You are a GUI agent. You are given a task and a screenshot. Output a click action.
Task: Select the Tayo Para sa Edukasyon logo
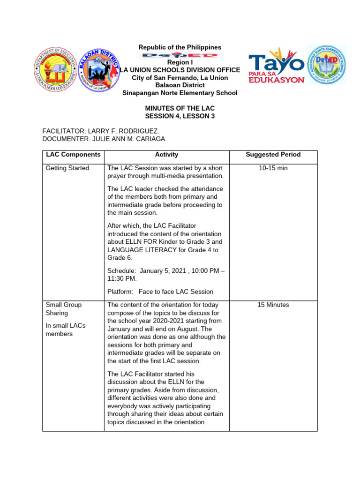pos(276,65)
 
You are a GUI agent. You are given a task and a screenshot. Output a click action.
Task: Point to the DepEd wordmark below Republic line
pos(180,55)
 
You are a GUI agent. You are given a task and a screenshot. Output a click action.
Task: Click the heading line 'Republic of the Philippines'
pos(180,47)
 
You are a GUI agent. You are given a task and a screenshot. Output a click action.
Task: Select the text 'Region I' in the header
pos(180,62)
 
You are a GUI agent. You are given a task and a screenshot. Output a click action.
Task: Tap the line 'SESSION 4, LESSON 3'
pos(180,116)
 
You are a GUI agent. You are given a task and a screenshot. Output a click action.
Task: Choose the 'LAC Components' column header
pos(73,154)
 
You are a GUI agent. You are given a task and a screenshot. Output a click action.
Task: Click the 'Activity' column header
pos(166,154)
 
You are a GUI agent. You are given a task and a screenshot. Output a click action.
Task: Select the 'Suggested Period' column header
pos(273,154)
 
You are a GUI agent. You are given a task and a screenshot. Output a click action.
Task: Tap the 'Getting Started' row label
pos(67,168)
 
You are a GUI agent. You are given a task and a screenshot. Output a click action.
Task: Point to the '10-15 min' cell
pos(273,168)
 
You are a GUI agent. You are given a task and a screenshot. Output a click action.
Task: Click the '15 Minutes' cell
pos(273,305)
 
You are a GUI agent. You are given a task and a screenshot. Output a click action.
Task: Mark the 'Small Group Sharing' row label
pos(63,308)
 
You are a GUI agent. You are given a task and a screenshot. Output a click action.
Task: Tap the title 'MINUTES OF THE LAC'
pos(180,108)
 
